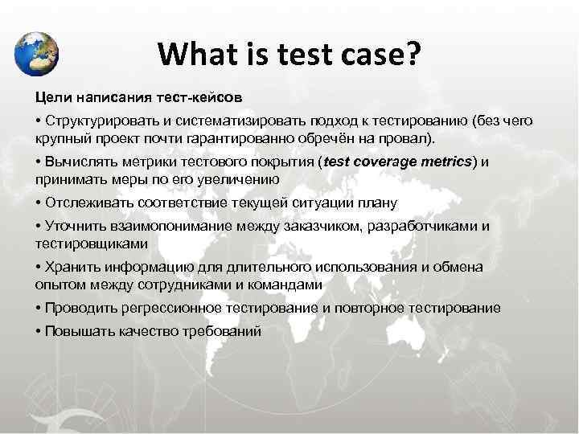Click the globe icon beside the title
coord(36,53)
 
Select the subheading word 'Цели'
coord(51,96)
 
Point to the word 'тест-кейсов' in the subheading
coord(200,96)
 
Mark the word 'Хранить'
coord(70,268)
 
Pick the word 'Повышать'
coord(76,331)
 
